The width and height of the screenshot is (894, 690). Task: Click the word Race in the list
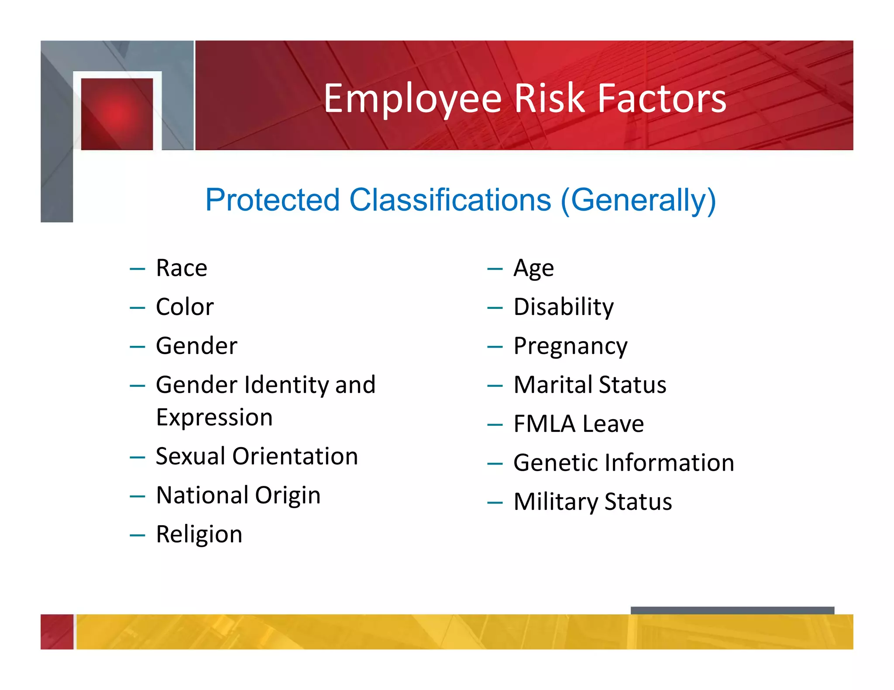[182, 268]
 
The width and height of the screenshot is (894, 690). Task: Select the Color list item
[185, 307]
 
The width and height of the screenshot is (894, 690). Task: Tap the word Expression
[214, 417]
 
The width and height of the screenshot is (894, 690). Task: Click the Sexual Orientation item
[257, 456]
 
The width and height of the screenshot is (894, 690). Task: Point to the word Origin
[288, 495]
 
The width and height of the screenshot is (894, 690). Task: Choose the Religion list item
[199, 534]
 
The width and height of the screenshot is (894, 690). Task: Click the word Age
[533, 268]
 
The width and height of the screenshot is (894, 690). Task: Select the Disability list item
[563, 307]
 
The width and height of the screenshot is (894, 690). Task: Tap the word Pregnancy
[570, 346]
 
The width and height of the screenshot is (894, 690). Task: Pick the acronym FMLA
[544, 424]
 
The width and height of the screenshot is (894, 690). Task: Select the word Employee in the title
[413, 99]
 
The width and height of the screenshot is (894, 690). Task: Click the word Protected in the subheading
[272, 200]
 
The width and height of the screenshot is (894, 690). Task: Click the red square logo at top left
[117, 114]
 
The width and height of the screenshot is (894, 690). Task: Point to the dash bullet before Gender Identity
[137, 386]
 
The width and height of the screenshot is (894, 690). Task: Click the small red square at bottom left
[57, 632]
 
